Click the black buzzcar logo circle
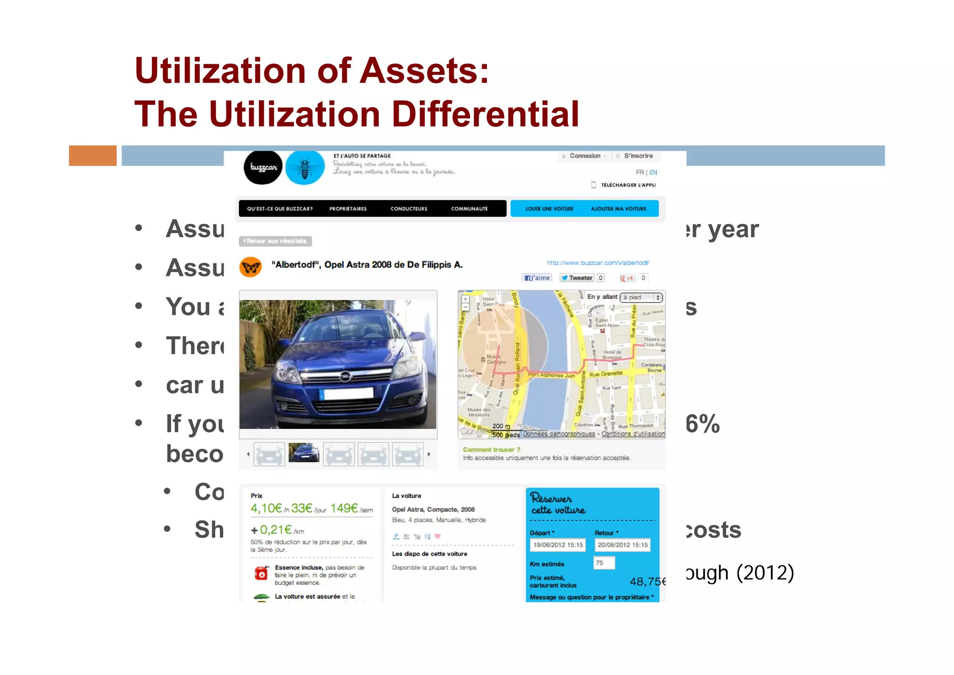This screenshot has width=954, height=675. coord(263,167)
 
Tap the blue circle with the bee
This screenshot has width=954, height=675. coord(305,167)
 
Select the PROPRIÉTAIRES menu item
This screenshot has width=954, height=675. coord(348,209)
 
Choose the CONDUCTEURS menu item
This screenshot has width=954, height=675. coord(409,209)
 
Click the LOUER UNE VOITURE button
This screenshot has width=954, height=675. coord(549,209)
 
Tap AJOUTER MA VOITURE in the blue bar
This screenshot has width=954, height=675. coord(618,209)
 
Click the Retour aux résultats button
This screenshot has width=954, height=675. coord(275,241)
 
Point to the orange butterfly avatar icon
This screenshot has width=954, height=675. coord(251,267)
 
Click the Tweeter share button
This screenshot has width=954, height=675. coord(577,278)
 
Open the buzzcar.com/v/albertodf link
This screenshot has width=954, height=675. coord(598,263)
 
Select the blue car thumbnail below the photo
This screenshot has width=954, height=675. coord(304,453)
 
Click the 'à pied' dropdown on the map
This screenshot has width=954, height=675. coord(641,297)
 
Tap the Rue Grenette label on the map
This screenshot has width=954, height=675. coord(606,374)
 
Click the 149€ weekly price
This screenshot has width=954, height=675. coord(344,508)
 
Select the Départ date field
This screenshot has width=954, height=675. coord(558,545)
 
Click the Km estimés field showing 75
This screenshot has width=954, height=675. coord(604,563)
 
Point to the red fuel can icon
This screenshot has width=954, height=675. coord(261,573)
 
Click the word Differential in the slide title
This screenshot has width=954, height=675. coord(485,114)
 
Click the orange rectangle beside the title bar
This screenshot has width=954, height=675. coord(93,156)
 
